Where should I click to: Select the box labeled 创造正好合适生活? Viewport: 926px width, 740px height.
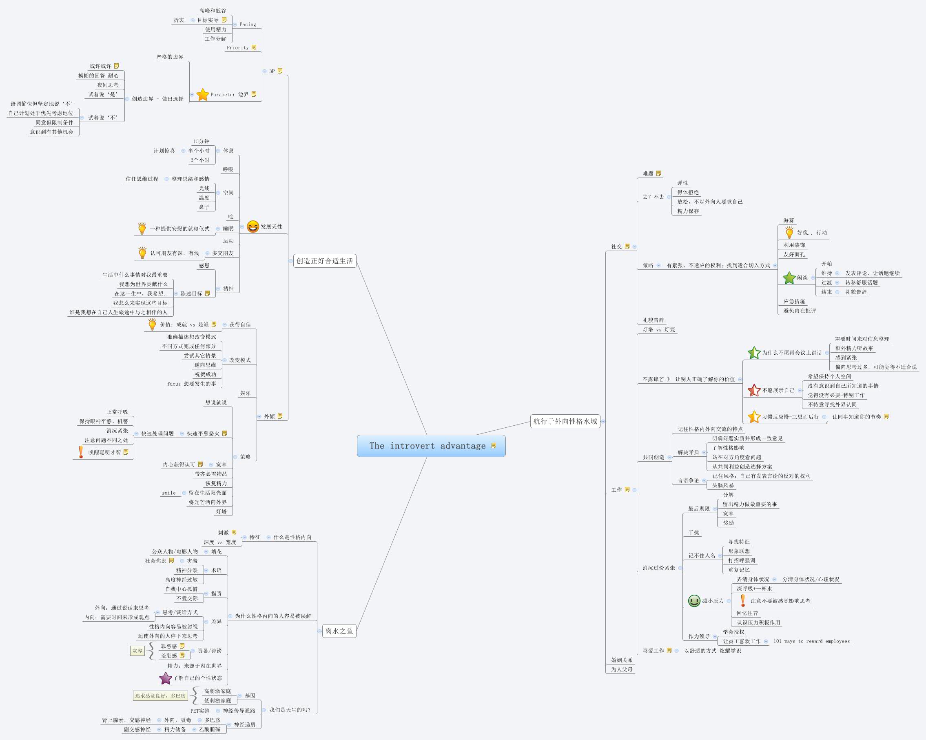(x=325, y=261)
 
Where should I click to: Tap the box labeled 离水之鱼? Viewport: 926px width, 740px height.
(x=339, y=631)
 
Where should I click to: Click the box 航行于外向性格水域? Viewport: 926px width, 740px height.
(x=565, y=421)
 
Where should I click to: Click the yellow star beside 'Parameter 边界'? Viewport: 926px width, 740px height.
(x=203, y=95)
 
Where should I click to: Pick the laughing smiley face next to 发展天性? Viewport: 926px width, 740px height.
(x=253, y=227)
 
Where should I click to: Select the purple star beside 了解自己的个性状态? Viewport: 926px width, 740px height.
(x=165, y=678)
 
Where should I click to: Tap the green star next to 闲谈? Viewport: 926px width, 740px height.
(x=789, y=278)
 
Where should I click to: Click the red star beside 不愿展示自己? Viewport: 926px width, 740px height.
(x=754, y=390)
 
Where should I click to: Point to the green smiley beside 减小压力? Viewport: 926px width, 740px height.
(x=694, y=601)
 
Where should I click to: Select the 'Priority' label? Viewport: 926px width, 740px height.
(x=237, y=48)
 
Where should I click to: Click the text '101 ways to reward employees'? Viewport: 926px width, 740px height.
(x=811, y=641)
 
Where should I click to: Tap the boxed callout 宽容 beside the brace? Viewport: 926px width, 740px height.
(x=137, y=651)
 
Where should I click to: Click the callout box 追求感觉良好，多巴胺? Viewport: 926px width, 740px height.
(x=160, y=696)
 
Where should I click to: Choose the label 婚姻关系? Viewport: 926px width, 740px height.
(x=622, y=660)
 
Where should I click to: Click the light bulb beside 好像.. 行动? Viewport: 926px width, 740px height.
(x=789, y=233)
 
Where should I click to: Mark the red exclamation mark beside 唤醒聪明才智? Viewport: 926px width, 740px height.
(x=81, y=452)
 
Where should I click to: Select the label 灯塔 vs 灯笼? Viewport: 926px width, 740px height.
(x=658, y=330)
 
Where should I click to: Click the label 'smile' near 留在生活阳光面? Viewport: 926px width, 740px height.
(x=169, y=493)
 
